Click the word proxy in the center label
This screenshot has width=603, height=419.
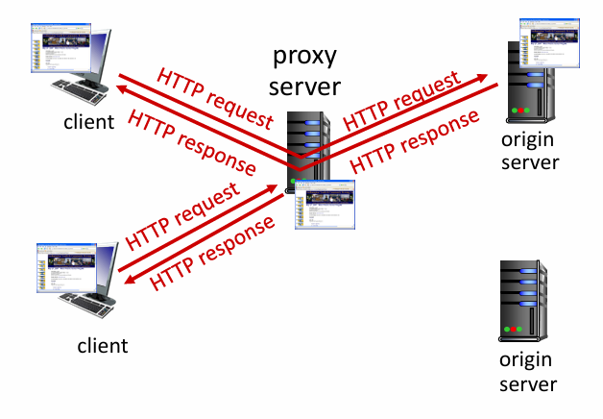coord(304,56)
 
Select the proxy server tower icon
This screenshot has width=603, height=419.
coord(311,144)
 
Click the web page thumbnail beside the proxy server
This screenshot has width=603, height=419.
coord(326,204)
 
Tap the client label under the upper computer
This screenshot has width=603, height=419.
coord(89,121)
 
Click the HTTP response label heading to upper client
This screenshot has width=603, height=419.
coord(191,143)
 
